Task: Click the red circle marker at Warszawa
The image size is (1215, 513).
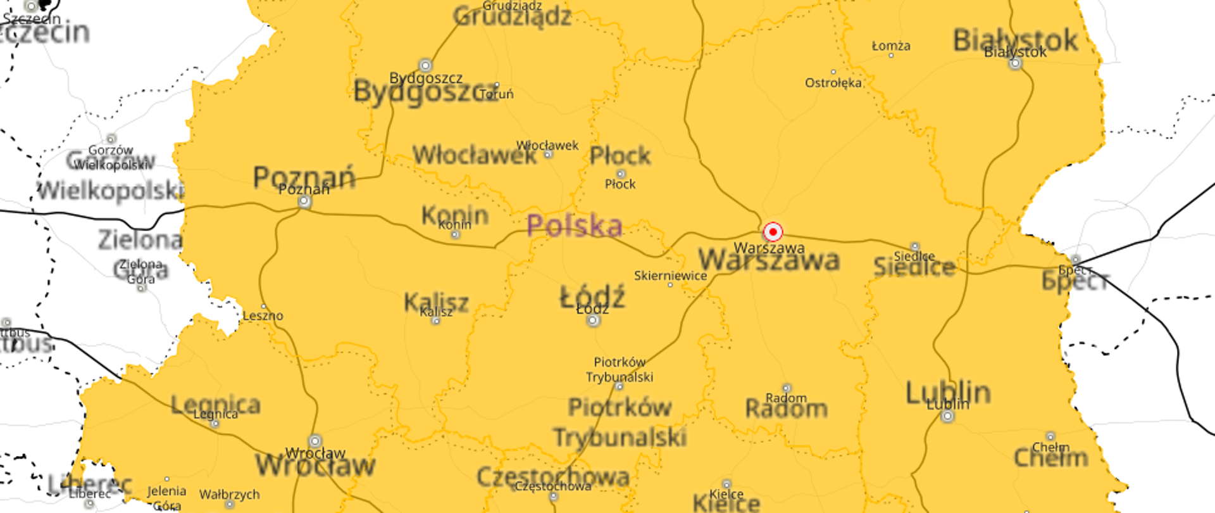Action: (x=772, y=232)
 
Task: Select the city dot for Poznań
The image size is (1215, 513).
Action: (x=304, y=201)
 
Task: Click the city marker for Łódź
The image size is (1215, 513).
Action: (x=593, y=320)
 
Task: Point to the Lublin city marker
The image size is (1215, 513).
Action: (x=947, y=416)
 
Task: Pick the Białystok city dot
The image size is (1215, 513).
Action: (x=1015, y=63)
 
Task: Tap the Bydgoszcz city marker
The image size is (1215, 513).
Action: (x=425, y=65)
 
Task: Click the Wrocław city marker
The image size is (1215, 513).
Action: (x=315, y=441)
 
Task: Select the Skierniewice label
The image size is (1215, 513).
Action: (x=670, y=275)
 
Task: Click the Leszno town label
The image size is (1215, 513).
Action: (x=263, y=315)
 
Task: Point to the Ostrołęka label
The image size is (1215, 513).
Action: (x=833, y=83)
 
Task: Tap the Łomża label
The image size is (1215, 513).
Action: (x=891, y=46)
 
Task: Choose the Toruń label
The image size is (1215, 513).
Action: (x=497, y=94)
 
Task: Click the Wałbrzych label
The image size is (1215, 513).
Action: (x=229, y=494)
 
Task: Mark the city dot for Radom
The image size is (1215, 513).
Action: (x=786, y=388)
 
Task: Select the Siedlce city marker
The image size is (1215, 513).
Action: (x=914, y=246)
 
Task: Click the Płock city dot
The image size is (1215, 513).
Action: (x=620, y=174)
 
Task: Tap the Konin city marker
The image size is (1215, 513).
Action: (x=455, y=235)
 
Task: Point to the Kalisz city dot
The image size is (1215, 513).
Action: (x=435, y=321)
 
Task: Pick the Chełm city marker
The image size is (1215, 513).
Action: (x=1050, y=436)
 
